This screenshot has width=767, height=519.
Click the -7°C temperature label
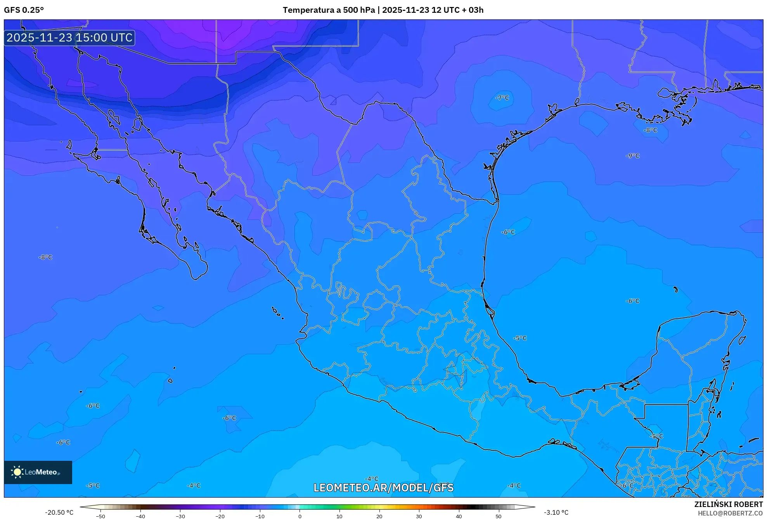pyautogui.click(x=502, y=98)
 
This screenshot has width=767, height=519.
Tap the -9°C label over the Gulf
pyautogui.click(x=632, y=156)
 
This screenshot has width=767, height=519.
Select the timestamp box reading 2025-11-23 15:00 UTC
pyautogui.click(x=69, y=38)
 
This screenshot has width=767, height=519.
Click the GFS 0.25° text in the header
pyautogui.click(x=24, y=10)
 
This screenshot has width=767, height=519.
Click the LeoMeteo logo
pyautogui.click(x=38, y=472)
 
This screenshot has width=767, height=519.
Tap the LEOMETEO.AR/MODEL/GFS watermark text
pyautogui.click(x=383, y=488)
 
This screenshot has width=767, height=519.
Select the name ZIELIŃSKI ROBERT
pyautogui.click(x=728, y=504)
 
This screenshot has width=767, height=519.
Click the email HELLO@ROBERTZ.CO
pyautogui.click(x=730, y=513)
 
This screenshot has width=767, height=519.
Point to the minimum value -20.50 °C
pyautogui.click(x=59, y=512)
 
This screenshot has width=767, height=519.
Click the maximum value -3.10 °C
pyautogui.click(x=556, y=512)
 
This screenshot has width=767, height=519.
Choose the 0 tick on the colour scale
pyautogui.click(x=300, y=516)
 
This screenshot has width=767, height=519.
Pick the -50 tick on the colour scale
pyautogui.click(x=100, y=516)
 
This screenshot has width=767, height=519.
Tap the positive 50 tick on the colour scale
pyautogui.click(x=499, y=516)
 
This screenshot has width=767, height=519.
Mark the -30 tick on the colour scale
pyautogui.click(x=180, y=516)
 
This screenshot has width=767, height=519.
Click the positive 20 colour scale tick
pyautogui.click(x=379, y=516)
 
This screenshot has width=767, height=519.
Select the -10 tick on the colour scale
pyautogui.click(x=260, y=516)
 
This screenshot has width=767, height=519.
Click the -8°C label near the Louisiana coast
pyautogui.click(x=651, y=130)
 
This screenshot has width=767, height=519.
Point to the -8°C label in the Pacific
pyautogui.click(x=45, y=257)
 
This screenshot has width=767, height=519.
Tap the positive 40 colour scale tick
pyautogui.click(x=459, y=516)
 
